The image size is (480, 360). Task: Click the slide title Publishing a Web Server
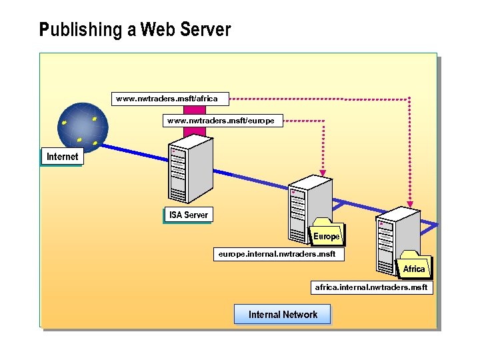click(x=135, y=30)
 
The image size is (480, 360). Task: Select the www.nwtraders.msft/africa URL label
click(x=167, y=99)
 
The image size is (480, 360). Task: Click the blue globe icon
click(x=80, y=125)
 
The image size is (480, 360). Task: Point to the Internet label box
click(x=62, y=157)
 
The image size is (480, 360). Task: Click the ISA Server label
click(x=188, y=215)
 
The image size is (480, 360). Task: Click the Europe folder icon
click(x=327, y=233)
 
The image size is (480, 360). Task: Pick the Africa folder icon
click(x=413, y=265)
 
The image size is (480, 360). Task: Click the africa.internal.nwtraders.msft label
click(x=372, y=287)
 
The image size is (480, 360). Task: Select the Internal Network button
click(x=283, y=315)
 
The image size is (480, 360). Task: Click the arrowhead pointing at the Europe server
click(x=322, y=169)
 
